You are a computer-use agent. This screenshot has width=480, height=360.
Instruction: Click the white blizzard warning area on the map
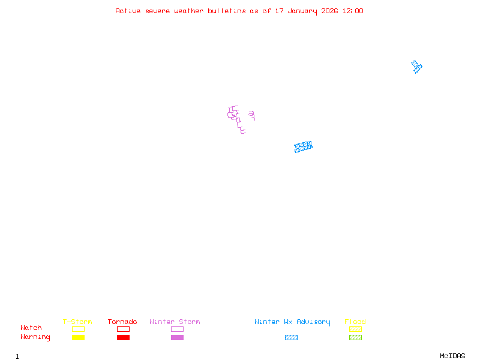point(247,119)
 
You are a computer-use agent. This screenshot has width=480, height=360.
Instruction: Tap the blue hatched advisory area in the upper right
point(416,66)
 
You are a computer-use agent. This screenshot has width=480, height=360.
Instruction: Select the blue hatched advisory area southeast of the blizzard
point(303,146)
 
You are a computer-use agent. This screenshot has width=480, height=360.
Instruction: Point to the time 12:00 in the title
point(352,11)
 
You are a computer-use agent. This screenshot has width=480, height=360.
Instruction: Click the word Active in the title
point(128,11)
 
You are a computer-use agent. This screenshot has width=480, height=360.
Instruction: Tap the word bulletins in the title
point(227,11)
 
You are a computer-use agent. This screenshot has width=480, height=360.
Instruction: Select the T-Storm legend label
point(77,322)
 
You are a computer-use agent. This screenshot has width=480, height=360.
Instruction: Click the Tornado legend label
point(122,322)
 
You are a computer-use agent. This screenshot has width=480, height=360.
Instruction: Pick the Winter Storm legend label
point(175,322)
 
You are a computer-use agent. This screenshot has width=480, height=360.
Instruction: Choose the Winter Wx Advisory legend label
point(292,322)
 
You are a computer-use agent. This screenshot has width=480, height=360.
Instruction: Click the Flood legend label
point(355,322)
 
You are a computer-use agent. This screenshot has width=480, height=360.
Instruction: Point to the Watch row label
point(31,328)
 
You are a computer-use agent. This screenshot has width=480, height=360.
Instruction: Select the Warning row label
point(35,337)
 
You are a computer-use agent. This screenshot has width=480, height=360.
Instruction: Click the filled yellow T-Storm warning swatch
point(78,337)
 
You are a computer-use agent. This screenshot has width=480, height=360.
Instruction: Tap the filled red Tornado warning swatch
point(123,337)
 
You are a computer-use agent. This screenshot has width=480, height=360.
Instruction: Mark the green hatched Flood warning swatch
point(355,337)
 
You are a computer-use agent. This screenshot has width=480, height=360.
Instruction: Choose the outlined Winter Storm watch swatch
point(177,329)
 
